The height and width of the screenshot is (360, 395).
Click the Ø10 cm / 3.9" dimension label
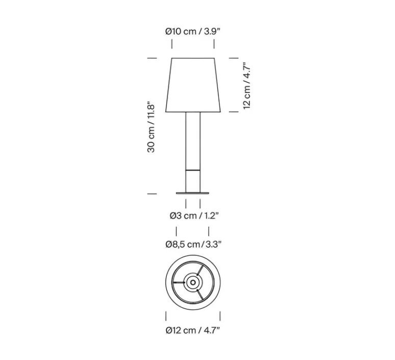pyautogui.click(x=193, y=31)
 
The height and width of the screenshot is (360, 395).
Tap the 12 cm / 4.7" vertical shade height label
pyautogui.click(x=247, y=85)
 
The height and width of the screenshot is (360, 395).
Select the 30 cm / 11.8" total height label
pyautogui.click(x=152, y=127)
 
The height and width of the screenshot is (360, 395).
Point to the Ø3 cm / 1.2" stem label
pyautogui.click(x=193, y=215)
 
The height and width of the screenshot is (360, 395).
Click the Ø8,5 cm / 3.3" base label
pyautogui.click(x=193, y=244)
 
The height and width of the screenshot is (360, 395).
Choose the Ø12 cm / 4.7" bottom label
pyautogui.click(x=193, y=330)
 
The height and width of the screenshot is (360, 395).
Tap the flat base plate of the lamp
pyautogui.click(x=193, y=193)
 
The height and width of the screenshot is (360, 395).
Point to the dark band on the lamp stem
pyautogui.click(x=193, y=169)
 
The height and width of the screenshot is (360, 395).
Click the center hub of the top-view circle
pyautogui.click(x=193, y=281)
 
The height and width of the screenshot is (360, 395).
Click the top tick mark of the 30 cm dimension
pyautogui.click(x=152, y=59)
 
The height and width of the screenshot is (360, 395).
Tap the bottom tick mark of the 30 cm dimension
pyautogui.click(x=152, y=194)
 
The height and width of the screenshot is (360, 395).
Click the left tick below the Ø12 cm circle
pyautogui.click(x=166, y=315)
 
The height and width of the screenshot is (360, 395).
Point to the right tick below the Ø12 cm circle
pyautogui.click(x=220, y=315)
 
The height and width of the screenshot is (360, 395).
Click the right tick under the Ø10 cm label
pyautogui.click(x=214, y=46)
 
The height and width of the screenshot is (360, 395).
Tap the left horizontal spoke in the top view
pyautogui.click(x=180, y=282)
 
